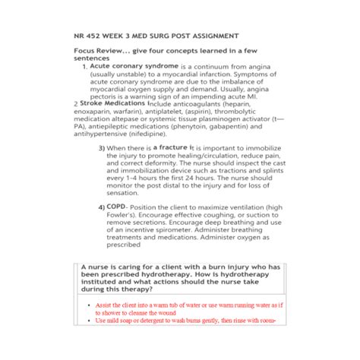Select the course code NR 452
click(90, 36)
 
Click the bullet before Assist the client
click(90, 305)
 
